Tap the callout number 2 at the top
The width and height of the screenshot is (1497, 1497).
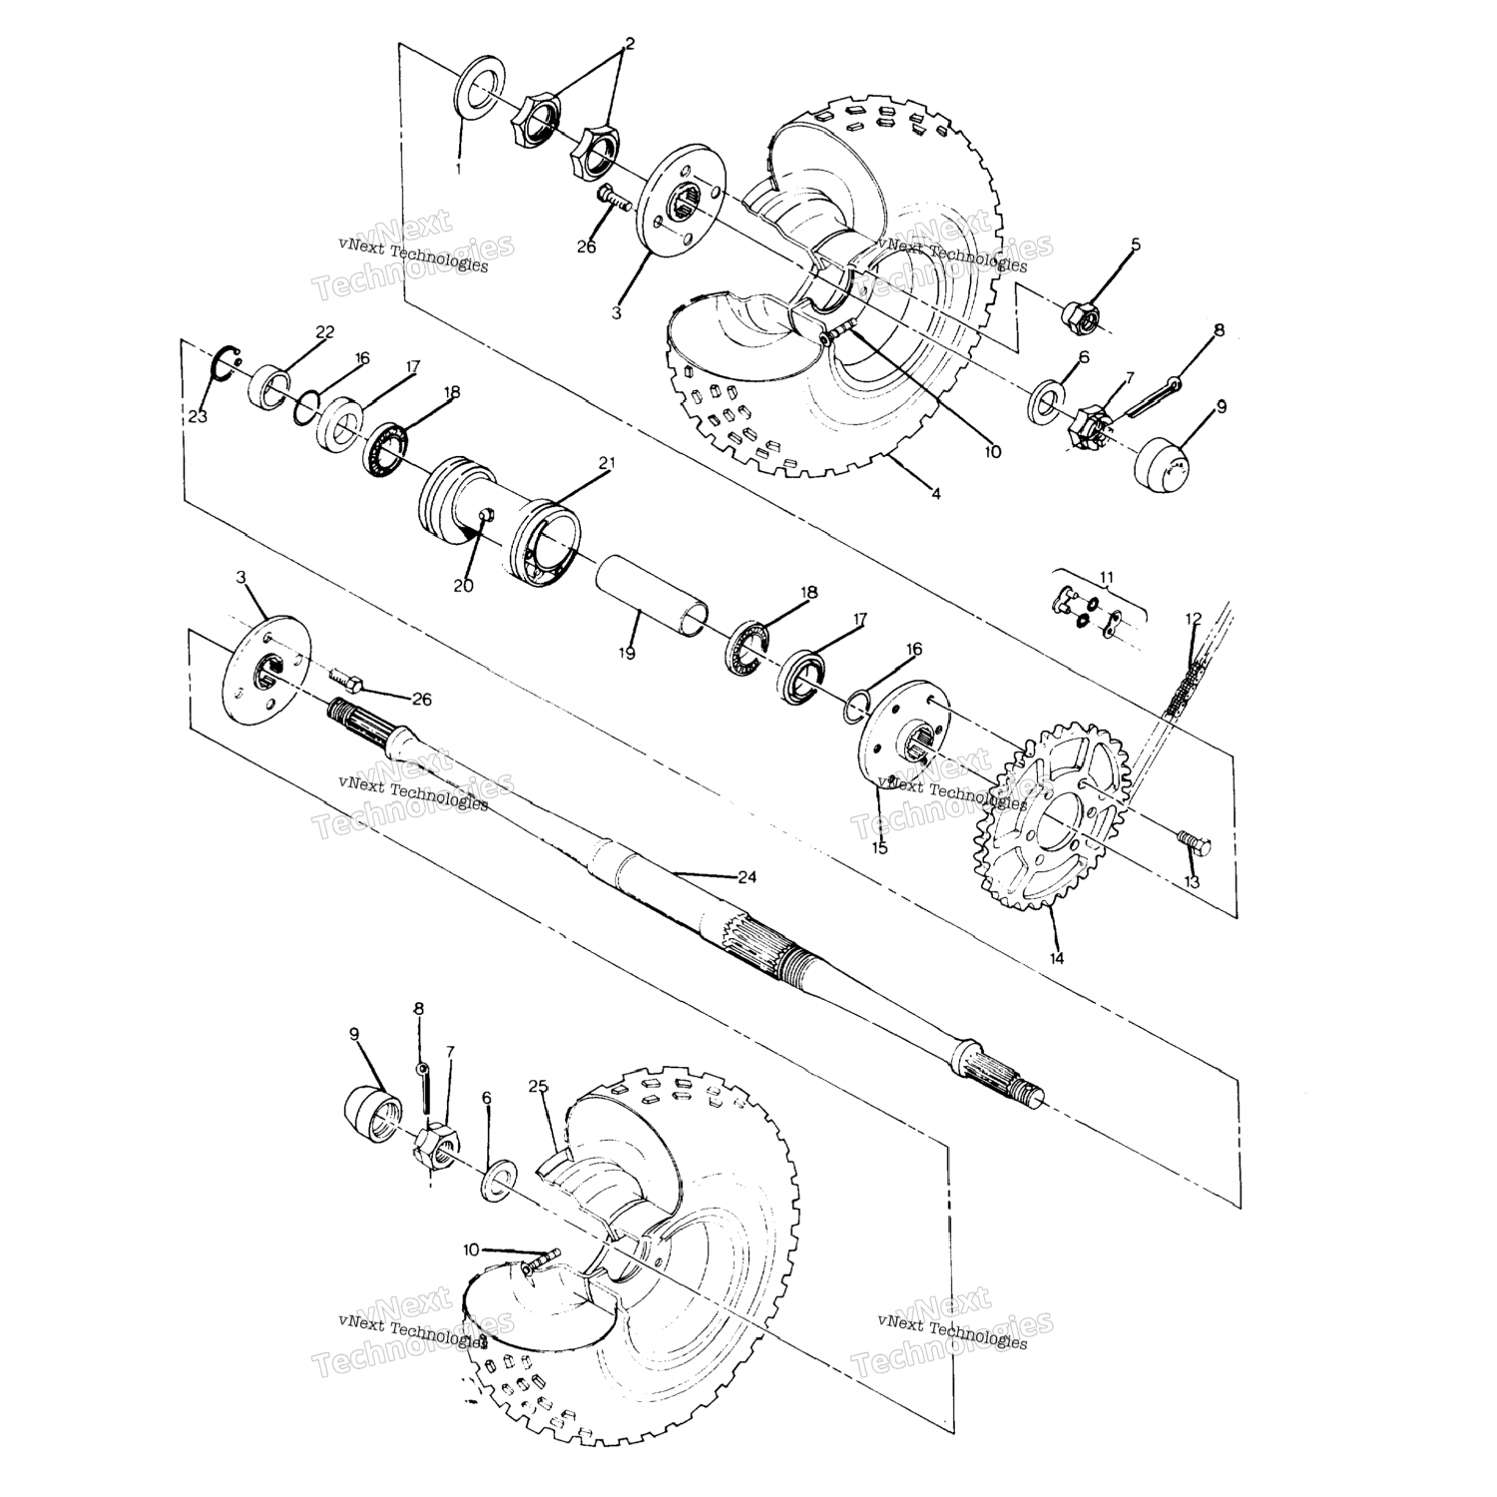[629, 44]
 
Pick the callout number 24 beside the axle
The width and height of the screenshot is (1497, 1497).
[747, 877]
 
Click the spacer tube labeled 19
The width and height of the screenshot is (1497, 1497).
[654, 596]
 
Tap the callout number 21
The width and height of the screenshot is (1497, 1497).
[607, 463]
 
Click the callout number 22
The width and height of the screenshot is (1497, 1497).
[325, 331]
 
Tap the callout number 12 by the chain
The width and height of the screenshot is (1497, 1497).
[1194, 619]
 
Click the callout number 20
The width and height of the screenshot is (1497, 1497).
[463, 586]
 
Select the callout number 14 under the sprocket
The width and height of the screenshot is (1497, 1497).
[1056, 958]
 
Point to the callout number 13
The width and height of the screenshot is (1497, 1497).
[1192, 883]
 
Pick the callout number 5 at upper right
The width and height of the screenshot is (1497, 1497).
[1135, 244]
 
